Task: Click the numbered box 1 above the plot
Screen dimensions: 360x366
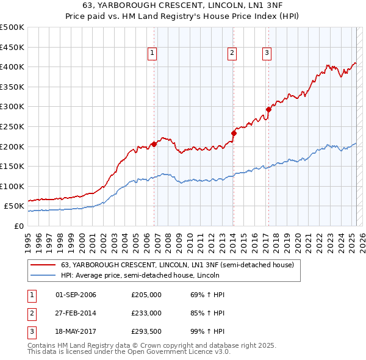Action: (152, 54)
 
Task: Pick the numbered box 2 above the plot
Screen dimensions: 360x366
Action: (232, 54)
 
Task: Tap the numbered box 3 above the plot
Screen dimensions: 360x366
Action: (267, 54)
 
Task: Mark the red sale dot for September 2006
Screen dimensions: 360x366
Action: (154, 144)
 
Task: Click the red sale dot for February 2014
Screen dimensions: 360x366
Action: (234, 133)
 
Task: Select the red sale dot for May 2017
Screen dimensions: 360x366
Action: (268, 110)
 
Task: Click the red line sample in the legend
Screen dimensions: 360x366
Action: (43, 265)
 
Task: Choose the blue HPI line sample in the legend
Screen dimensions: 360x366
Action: (43, 275)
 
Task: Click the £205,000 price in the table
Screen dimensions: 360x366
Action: (146, 295)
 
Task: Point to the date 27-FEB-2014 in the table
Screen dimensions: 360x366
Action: (76, 312)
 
